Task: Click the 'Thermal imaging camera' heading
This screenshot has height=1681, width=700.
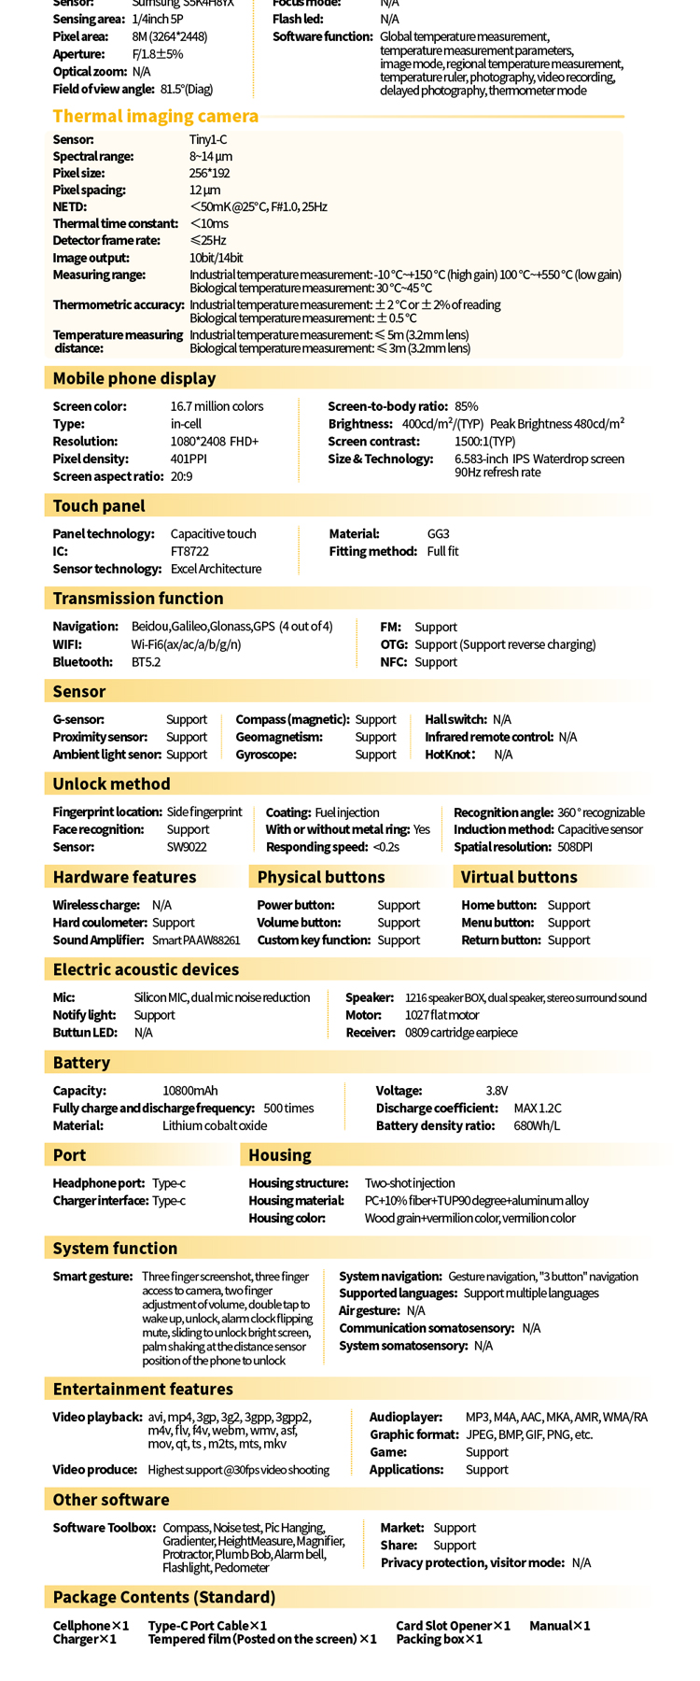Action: [155, 116]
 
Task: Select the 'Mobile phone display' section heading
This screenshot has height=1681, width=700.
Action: [133, 378]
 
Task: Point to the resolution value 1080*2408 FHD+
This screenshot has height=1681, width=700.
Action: [214, 441]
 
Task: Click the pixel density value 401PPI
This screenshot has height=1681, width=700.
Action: [188, 459]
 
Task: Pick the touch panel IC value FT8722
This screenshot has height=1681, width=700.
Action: [189, 551]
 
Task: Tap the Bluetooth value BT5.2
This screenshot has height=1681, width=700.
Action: [146, 662]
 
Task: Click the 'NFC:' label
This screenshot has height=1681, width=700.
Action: [393, 662]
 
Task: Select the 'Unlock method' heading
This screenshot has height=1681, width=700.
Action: [111, 784]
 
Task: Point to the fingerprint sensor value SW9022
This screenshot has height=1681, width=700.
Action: [186, 847]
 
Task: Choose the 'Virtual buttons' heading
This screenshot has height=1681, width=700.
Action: [519, 877]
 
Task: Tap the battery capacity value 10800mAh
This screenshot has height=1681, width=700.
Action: [189, 1091]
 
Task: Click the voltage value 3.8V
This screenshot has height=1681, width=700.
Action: [497, 1091]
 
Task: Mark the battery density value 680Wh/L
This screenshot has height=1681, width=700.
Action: [537, 1125]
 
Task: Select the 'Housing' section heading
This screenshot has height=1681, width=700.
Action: [279, 1155]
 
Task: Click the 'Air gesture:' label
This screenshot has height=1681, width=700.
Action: [368, 1310]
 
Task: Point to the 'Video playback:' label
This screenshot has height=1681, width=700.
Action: [97, 1417]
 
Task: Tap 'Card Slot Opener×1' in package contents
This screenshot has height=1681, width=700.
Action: [453, 1626]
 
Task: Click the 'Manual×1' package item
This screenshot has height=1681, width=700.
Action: [559, 1626]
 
